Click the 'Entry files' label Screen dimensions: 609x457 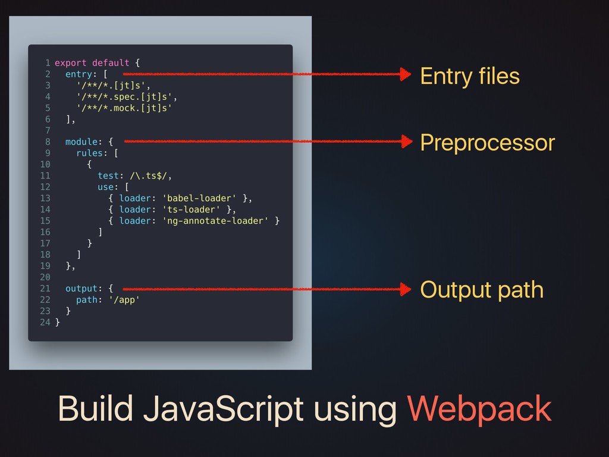coord(470,76)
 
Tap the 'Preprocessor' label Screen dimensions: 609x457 coord(487,143)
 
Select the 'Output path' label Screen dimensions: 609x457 coord(482,290)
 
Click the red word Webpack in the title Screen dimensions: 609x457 coord(479,409)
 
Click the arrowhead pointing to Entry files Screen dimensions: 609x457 coord(406,74)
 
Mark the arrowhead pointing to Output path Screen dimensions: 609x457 coord(406,290)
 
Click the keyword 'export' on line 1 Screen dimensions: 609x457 coord(70,62)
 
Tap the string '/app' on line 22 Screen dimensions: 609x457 coord(124,300)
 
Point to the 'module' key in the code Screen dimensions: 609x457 coord(81,142)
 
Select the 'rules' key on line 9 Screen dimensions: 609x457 coord(89,153)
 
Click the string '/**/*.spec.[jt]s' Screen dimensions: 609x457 coord(125,96)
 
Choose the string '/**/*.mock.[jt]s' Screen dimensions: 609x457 coord(125,108)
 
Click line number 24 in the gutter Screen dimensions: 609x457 coord(45,323)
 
